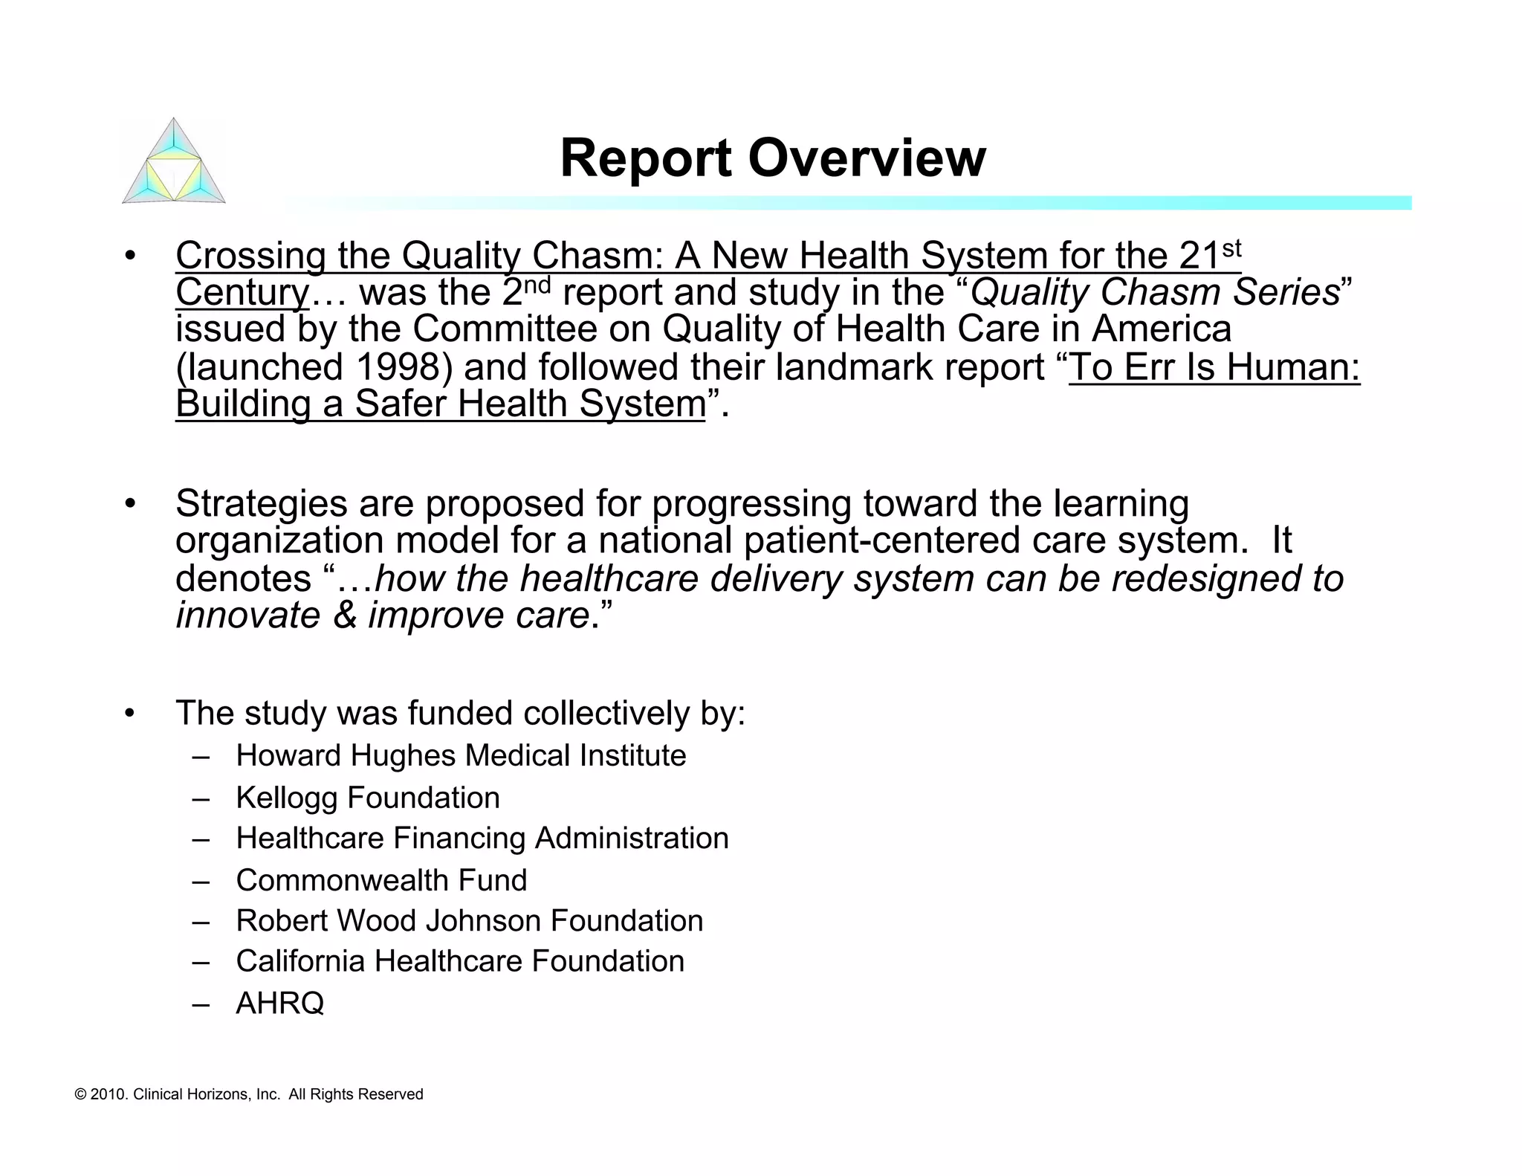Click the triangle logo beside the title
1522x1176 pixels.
coord(173,161)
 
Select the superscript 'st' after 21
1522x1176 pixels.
coord(1231,248)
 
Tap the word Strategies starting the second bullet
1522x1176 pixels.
coord(261,504)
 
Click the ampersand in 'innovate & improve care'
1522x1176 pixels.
coord(344,616)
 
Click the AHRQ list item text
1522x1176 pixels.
coord(279,1004)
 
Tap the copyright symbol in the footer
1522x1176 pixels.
coord(81,1095)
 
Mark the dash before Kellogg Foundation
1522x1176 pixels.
coord(200,798)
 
